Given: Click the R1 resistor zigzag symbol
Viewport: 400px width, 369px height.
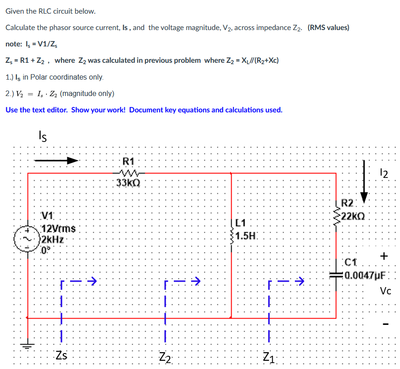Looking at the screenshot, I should (129, 172).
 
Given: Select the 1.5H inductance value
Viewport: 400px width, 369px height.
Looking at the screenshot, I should (248, 236).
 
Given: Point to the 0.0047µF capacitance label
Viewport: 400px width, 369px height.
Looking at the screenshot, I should (365, 275).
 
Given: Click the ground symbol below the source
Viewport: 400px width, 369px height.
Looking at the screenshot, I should (28, 346).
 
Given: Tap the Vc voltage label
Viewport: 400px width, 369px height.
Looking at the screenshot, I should (385, 291).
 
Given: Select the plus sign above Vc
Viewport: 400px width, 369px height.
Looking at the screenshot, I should (385, 256).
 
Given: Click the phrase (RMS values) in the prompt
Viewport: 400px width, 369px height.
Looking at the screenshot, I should (328, 27).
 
